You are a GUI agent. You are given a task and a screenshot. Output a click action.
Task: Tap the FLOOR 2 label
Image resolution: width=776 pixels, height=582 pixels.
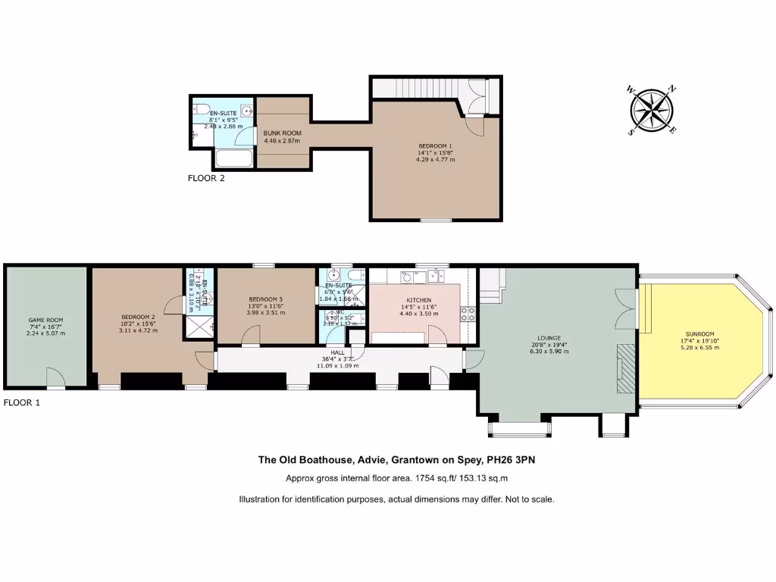pos(206,179)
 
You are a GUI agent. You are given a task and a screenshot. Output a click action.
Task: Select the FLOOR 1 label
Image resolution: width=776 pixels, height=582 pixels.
pos(21,402)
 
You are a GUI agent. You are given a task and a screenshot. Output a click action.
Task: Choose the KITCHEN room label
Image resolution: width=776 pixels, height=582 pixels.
pos(418,300)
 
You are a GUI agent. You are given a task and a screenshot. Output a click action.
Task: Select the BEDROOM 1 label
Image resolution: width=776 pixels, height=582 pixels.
pos(435,145)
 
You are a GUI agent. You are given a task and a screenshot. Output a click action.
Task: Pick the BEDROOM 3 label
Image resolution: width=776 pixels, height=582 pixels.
pos(264,299)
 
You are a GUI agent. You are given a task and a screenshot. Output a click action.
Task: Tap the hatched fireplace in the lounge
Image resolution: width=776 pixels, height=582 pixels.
pos(624,368)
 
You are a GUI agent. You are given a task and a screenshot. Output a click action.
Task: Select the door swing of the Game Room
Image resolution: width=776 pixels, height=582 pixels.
pos(55,377)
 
